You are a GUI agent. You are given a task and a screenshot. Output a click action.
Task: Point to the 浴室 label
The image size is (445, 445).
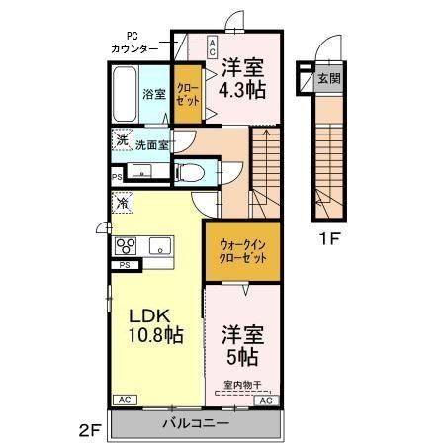coord(153,94)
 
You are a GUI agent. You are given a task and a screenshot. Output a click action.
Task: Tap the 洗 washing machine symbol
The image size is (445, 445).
coord(120,141)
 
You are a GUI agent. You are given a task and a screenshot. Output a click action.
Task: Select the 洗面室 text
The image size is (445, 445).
coord(151,143)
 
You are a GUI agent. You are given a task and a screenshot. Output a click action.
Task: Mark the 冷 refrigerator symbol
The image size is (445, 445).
coord(121,202)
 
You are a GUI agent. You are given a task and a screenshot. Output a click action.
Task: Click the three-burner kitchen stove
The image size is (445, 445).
coord(127,245)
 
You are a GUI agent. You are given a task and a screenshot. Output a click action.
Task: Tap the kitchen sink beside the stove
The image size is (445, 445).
coord(159,245)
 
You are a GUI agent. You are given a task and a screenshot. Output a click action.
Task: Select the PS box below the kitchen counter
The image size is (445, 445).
coord(126,265)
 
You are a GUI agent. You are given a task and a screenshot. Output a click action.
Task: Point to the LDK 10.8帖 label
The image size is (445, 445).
coord(153,326)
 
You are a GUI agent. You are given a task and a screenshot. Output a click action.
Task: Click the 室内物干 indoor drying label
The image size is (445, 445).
coord(241,384)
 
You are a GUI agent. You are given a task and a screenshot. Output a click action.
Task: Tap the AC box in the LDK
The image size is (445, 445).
coord(125,400)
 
